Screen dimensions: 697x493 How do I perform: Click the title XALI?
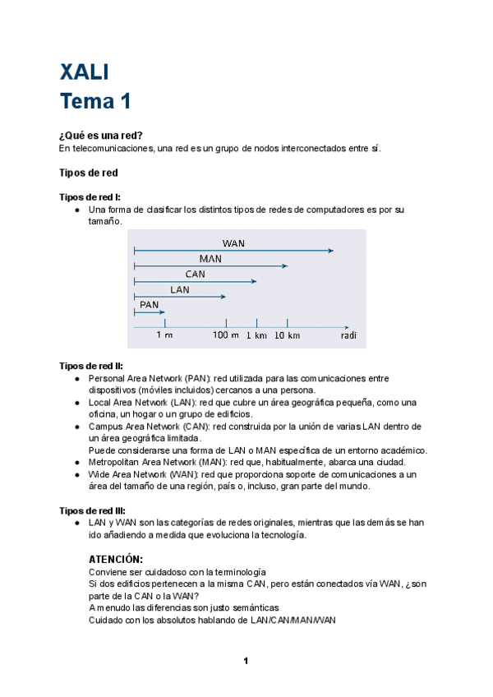(84, 72)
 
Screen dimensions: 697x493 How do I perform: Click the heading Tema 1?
(95, 102)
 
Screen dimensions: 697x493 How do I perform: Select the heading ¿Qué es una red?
(107, 135)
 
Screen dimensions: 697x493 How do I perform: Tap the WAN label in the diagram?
(233, 243)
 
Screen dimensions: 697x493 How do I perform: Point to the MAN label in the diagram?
(210, 259)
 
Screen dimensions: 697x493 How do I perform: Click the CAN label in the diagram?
(195, 274)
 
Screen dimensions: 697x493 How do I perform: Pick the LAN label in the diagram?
(179, 289)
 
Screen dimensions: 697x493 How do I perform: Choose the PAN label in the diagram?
(149, 305)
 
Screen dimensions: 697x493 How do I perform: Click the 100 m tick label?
(226, 335)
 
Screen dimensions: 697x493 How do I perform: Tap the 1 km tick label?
(256, 335)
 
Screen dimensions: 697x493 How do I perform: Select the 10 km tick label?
(287, 335)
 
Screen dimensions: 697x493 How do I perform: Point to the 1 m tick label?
(164, 335)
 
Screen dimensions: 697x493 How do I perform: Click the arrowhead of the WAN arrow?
(331, 250)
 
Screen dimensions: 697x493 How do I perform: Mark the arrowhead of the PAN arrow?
(163, 312)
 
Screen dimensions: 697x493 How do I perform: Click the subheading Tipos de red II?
(91, 366)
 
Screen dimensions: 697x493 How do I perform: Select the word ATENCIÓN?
(116, 559)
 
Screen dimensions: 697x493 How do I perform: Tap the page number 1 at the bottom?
(246, 661)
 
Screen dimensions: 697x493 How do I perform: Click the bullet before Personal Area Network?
(77, 379)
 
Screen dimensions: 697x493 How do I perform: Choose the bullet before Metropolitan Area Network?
(77, 463)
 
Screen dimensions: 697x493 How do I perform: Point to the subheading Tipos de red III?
(92, 510)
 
